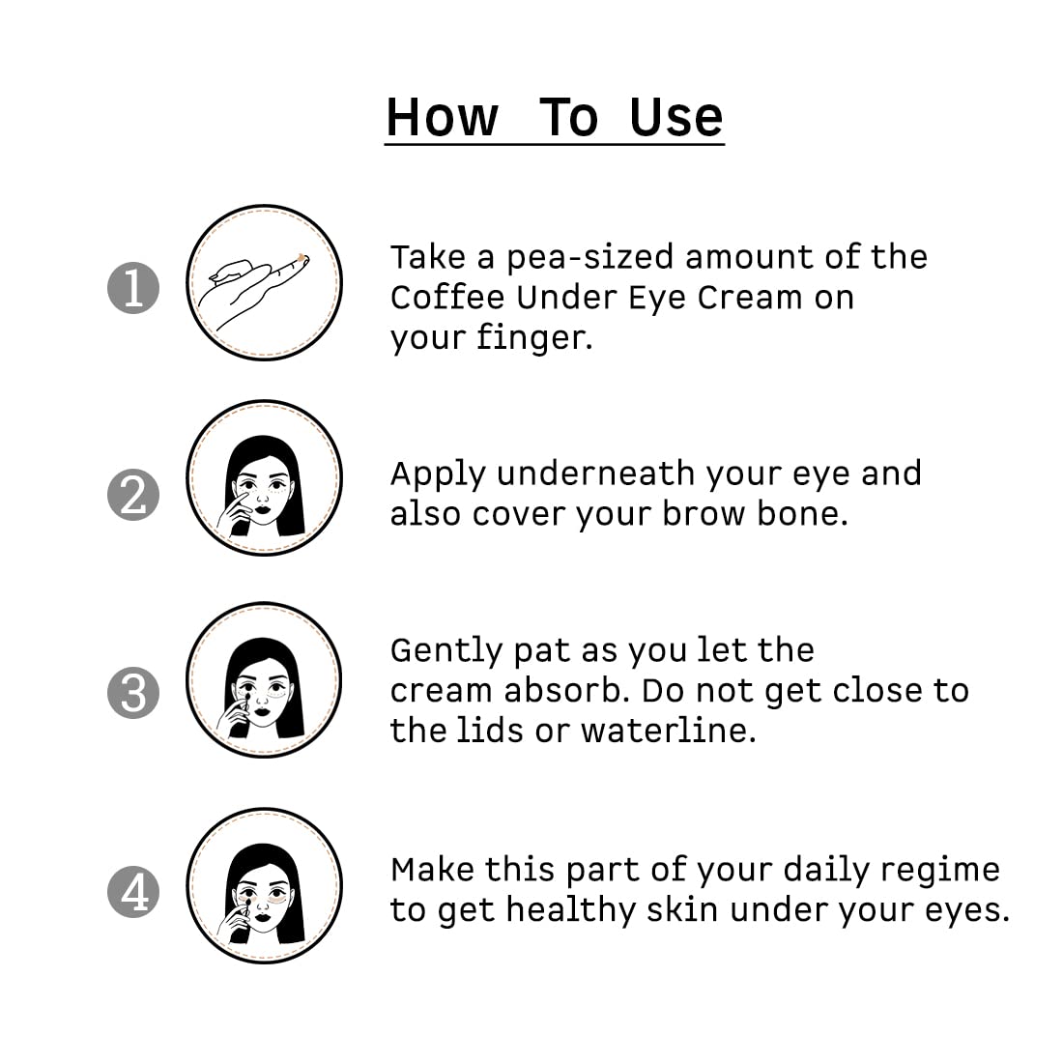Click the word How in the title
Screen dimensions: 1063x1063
click(x=443, y=117)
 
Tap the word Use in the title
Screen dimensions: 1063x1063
click(x=675, y=117)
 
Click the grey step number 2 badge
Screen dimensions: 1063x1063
click(x=132, y=494)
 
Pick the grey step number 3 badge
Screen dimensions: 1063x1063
click(x=132, y=693)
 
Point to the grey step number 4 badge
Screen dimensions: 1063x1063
click(x=132, y=891)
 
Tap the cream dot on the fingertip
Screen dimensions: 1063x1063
click(x=302, y=257)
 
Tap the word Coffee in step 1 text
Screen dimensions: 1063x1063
click(x=447, y=298)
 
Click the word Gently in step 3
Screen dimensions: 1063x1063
click(x=446, y=651)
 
